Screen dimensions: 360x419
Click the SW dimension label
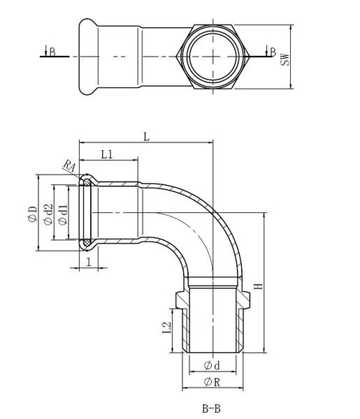286,59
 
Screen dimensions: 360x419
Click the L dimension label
146,137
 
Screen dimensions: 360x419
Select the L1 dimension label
107,154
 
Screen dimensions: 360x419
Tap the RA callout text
69,166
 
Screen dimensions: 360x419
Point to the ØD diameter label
33,214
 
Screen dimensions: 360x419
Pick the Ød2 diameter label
48,214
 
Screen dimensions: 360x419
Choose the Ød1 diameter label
63,215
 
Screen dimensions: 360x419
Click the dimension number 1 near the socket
89,263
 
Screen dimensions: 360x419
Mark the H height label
259,286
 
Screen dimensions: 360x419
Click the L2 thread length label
166,327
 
